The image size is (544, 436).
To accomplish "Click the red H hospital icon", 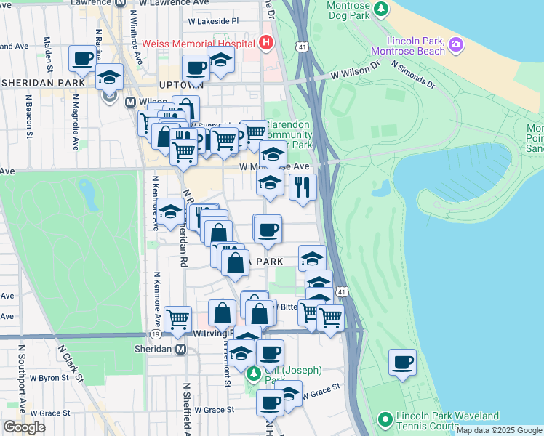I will (266, 43).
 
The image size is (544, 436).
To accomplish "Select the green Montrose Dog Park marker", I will (380, 10).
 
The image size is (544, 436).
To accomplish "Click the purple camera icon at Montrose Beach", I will (456, 44).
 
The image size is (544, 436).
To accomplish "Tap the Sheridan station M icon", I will (183, 350).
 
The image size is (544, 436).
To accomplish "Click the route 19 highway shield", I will (155, 334).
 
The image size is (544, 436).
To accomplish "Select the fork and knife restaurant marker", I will (303, 187).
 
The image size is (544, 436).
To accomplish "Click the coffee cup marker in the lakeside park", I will (402, 362).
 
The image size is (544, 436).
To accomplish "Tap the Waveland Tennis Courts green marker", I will (385, 419).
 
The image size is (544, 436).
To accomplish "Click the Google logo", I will (24, 427).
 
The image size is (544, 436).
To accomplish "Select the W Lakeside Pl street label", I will (214, 21).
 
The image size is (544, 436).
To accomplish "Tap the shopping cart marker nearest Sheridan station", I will (177, 319).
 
